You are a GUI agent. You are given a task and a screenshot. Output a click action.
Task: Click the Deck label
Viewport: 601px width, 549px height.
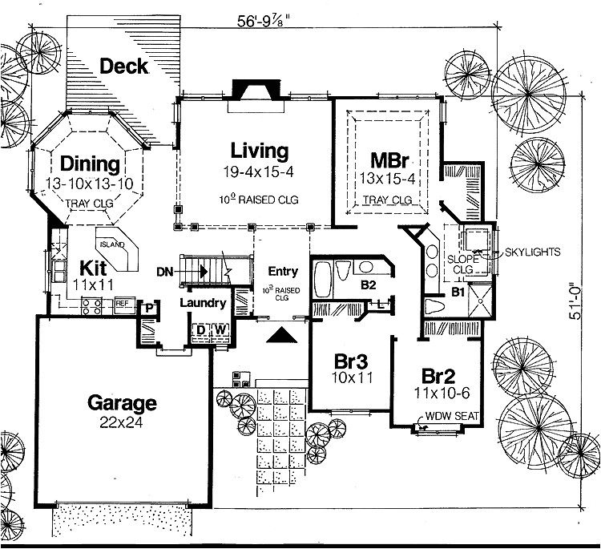pyautogui.click(x=124, y=65)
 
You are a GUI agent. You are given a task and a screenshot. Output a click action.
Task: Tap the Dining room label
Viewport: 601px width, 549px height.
pyautogui.click(x=90, y=165)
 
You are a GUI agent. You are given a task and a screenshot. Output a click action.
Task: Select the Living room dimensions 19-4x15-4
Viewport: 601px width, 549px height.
pyautogui.click(x=258, y=172)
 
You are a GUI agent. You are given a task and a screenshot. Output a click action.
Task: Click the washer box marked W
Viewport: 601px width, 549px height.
pyautogui.click(x=220, y=329)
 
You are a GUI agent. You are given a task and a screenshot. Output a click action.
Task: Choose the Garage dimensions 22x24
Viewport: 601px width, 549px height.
pyautogui.click(x=122, y=422)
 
